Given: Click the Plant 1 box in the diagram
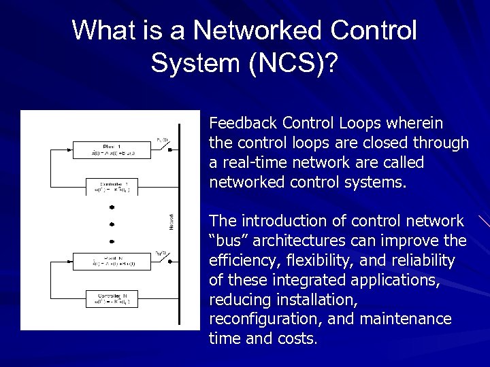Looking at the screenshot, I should (x=112, y=150).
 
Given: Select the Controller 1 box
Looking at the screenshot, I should (x=112, y=186).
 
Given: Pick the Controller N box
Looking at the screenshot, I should (x=112, y=298).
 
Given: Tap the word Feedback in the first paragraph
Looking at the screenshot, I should (x=244, y=123).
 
